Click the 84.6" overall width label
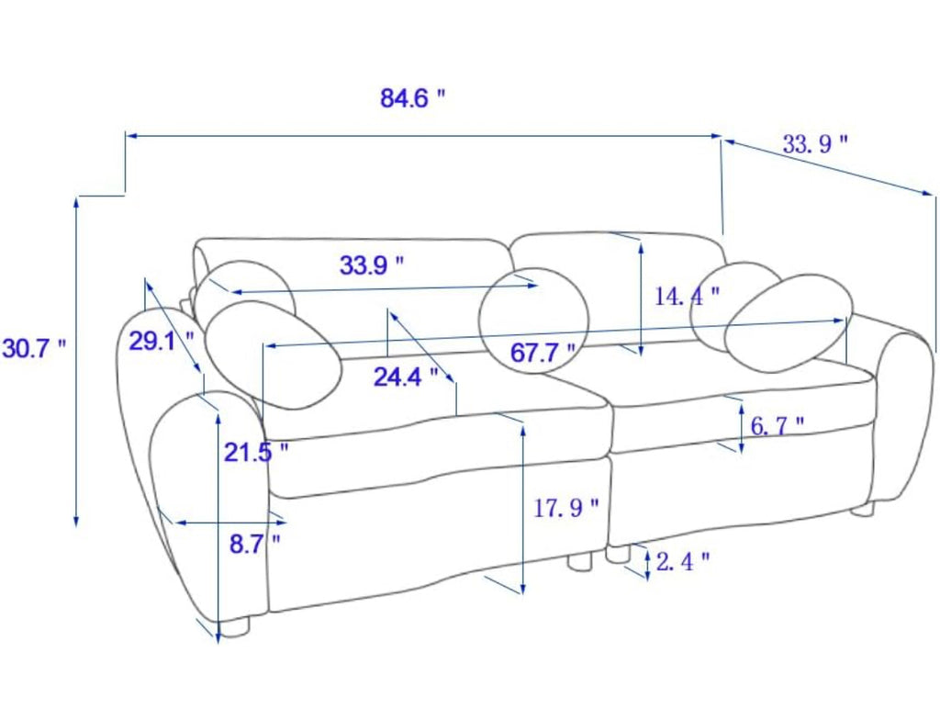[413, 97]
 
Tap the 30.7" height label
[34, 348]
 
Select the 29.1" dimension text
[162, 342]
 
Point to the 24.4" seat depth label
[406, 377]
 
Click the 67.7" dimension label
[543, 353]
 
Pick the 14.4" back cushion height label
[687, 296]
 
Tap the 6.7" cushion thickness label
[777, 426]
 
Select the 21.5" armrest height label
[256, 452]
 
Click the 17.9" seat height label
[565, 508]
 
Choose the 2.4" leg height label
[683, 562]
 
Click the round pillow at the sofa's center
[533, 320]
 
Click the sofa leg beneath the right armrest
[862, 509]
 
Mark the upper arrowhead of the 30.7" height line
[76, 202]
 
